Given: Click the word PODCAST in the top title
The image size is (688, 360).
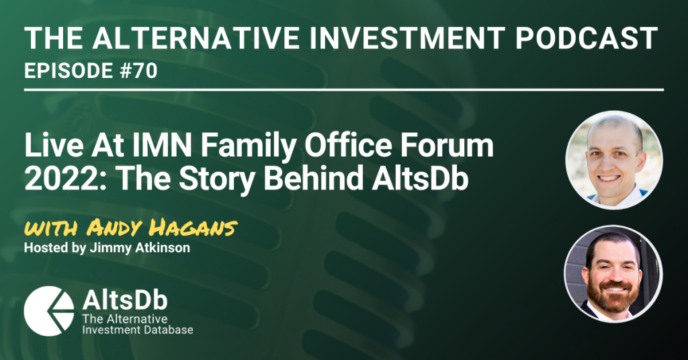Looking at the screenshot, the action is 586,38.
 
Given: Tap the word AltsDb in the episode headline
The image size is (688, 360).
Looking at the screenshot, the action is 420,179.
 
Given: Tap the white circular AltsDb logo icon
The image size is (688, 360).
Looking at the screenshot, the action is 48,312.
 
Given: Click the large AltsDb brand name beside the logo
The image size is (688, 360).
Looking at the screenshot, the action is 124,301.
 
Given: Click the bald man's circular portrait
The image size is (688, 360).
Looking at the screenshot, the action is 614,160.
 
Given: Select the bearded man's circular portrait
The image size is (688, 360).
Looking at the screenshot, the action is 613,274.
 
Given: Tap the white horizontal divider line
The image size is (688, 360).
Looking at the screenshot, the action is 344,90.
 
